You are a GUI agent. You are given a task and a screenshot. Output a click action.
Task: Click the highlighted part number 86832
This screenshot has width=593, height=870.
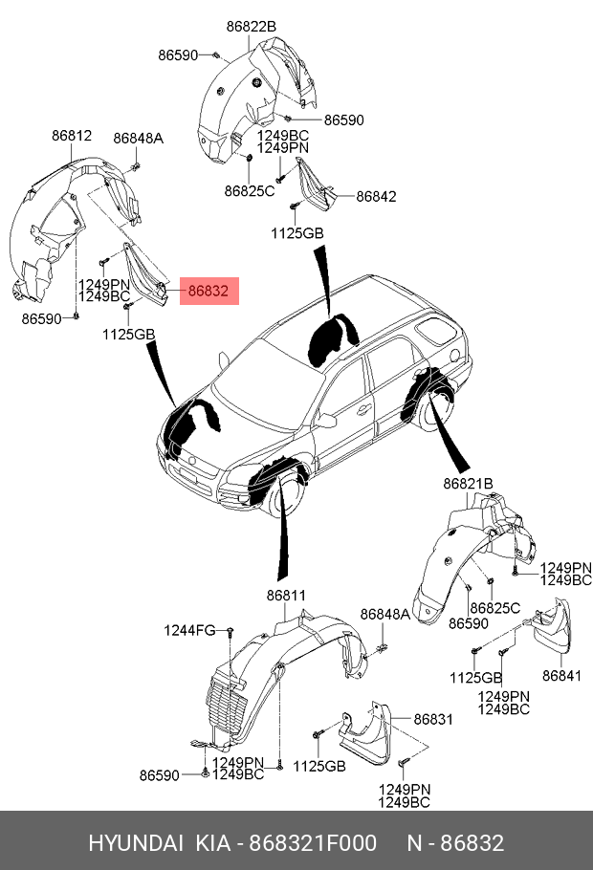(208, 292)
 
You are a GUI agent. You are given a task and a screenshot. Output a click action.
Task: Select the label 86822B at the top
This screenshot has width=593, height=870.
(251, 27)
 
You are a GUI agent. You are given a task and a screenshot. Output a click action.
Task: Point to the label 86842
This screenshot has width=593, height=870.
(376, 197)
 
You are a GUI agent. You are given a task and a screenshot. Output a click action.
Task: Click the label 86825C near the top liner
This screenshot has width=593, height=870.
(249, 191)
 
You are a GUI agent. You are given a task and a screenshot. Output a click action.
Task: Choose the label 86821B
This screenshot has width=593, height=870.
(467, 485)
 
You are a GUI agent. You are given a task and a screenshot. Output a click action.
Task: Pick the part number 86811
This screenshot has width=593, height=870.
(286, 596)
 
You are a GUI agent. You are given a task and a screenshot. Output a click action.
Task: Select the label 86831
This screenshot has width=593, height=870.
(433, 719)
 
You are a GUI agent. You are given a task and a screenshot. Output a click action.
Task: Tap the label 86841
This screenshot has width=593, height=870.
(561, 676)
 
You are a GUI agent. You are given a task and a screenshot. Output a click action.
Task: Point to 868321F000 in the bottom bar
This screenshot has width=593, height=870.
(312, 843)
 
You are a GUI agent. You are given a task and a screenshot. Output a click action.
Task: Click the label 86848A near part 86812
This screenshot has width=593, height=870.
(138, 139)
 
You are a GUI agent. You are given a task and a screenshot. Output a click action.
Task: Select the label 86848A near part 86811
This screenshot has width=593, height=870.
(384, 614)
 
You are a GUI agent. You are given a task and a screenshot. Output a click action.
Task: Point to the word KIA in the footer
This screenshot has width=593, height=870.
(212, 843)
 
